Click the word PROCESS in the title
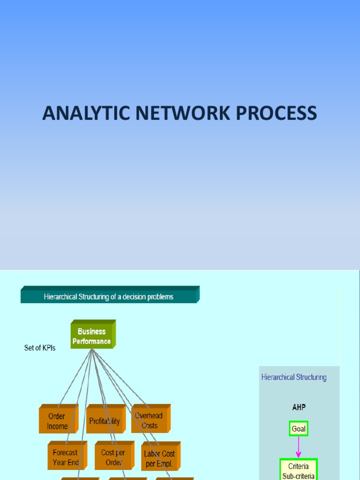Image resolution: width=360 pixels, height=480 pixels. [x=281, y=113]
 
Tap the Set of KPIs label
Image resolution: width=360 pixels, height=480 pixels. [x=40, y=348]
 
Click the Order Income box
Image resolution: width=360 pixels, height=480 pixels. [x=57, y=421]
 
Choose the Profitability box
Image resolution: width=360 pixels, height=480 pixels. [x=105, y=421]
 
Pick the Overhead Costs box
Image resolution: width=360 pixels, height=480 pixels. [x=149, y=420]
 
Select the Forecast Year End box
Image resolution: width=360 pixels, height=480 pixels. [x=66, y=457]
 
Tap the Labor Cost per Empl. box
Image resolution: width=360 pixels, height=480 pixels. [x=159, y=458]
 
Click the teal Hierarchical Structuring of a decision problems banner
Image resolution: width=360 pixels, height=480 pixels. [x=109, y=297]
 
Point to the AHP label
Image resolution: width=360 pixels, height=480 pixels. [x=299, y=407]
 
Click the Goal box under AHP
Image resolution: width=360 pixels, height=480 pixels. [x=299, y=429]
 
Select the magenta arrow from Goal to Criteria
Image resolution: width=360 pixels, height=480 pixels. [x=299, y=448]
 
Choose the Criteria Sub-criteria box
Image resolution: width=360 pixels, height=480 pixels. [x=299, y=470]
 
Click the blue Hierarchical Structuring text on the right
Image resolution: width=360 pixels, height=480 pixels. [x=294, y=377]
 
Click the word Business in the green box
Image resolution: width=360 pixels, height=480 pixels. [x=91, y=331]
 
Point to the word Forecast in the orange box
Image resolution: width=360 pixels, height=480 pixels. [x=65, y=453]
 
